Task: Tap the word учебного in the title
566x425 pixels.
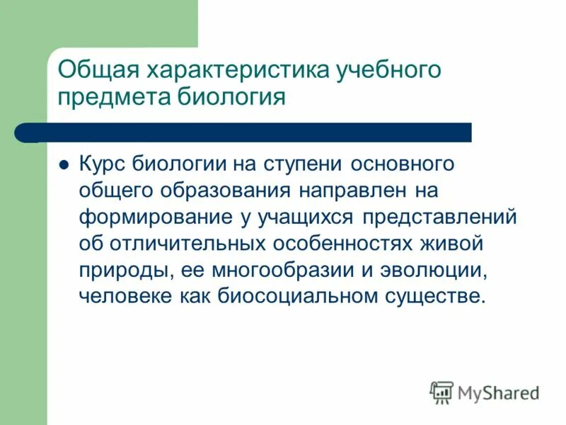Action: pyautogui.click(x=386, y=70)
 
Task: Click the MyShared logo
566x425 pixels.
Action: pyautogui.click(x=484, y=392)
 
